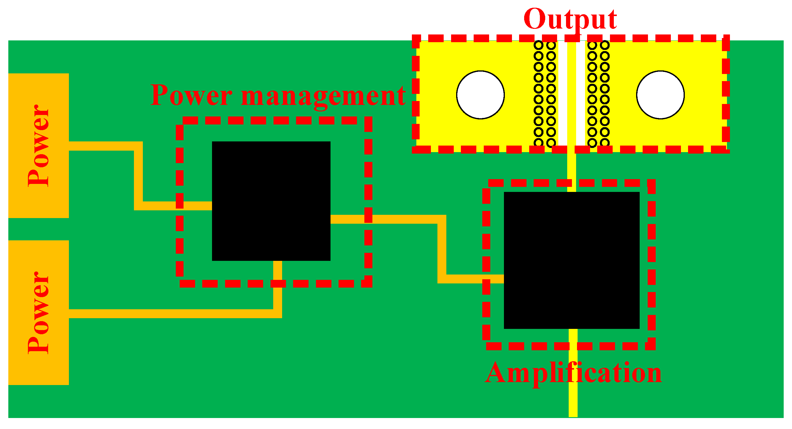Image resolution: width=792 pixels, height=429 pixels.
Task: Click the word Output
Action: click(570, 19)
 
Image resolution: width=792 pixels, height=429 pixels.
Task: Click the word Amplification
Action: click(573, 373)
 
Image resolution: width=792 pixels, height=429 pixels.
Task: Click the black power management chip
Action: click(271, 201)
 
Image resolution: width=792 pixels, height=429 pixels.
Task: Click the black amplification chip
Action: click(572, 260)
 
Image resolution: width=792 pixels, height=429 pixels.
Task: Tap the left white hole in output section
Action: click(480, 95)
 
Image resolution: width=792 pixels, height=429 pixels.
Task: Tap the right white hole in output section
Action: click(660, 95)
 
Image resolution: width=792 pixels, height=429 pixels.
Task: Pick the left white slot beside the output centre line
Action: click(563, 92)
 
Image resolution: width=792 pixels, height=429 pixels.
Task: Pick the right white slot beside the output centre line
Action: click(581, 92)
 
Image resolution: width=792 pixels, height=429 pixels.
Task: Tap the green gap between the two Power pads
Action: click(38, 229)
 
